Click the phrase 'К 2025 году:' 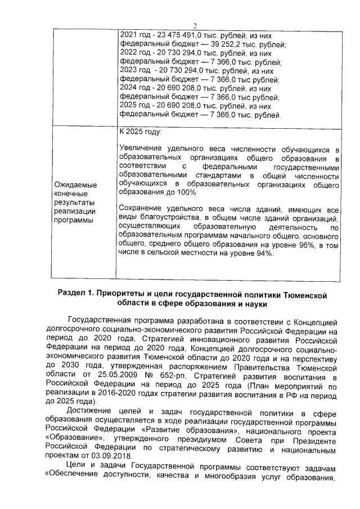pos(141,132)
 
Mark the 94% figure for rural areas pos(261,254)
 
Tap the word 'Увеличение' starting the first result pos(143,148)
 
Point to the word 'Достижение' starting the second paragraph pos(92,413)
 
